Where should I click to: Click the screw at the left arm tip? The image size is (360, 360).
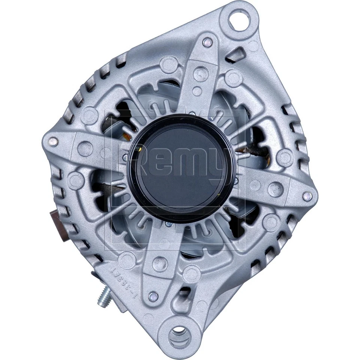tap(54, 142)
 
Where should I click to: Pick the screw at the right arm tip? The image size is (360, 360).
tap(307, 195)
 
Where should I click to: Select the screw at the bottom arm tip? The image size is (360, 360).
tap(152, 296)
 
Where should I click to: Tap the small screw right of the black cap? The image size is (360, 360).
tap(236, 181)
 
